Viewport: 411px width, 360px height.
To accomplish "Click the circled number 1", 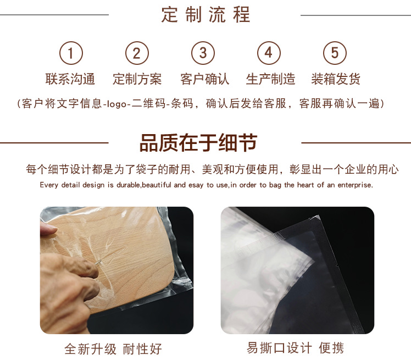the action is [x=71, y=53].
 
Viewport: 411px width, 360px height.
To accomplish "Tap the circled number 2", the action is [x=137, y=53].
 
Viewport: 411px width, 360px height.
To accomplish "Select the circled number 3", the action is [x=203, y=53].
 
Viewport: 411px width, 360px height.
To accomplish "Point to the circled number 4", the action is [x=269, y=53].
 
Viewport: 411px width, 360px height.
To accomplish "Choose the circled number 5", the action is [x=335, y=53].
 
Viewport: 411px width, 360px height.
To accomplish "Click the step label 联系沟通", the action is [x=70, y=79].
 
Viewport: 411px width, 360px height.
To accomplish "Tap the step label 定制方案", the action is [x=137, y=79].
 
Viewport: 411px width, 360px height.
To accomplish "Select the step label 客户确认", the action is [x=205, y=79].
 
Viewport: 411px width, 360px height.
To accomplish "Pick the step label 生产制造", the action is [x=270, y=79].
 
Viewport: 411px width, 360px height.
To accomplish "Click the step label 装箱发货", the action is [x=336, y=79].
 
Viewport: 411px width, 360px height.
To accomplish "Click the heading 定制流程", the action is [x=205, y=15].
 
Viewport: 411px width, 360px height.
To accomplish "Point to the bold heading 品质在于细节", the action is [x=198, y=143].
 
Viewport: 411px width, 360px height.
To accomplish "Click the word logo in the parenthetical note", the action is [x=116, y=104].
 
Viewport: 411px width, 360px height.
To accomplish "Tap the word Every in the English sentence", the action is [x=49, y=185].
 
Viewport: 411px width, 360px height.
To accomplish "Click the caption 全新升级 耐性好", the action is [x=113, y=349].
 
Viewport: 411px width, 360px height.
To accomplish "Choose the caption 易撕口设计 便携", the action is [x=295, y=348].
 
